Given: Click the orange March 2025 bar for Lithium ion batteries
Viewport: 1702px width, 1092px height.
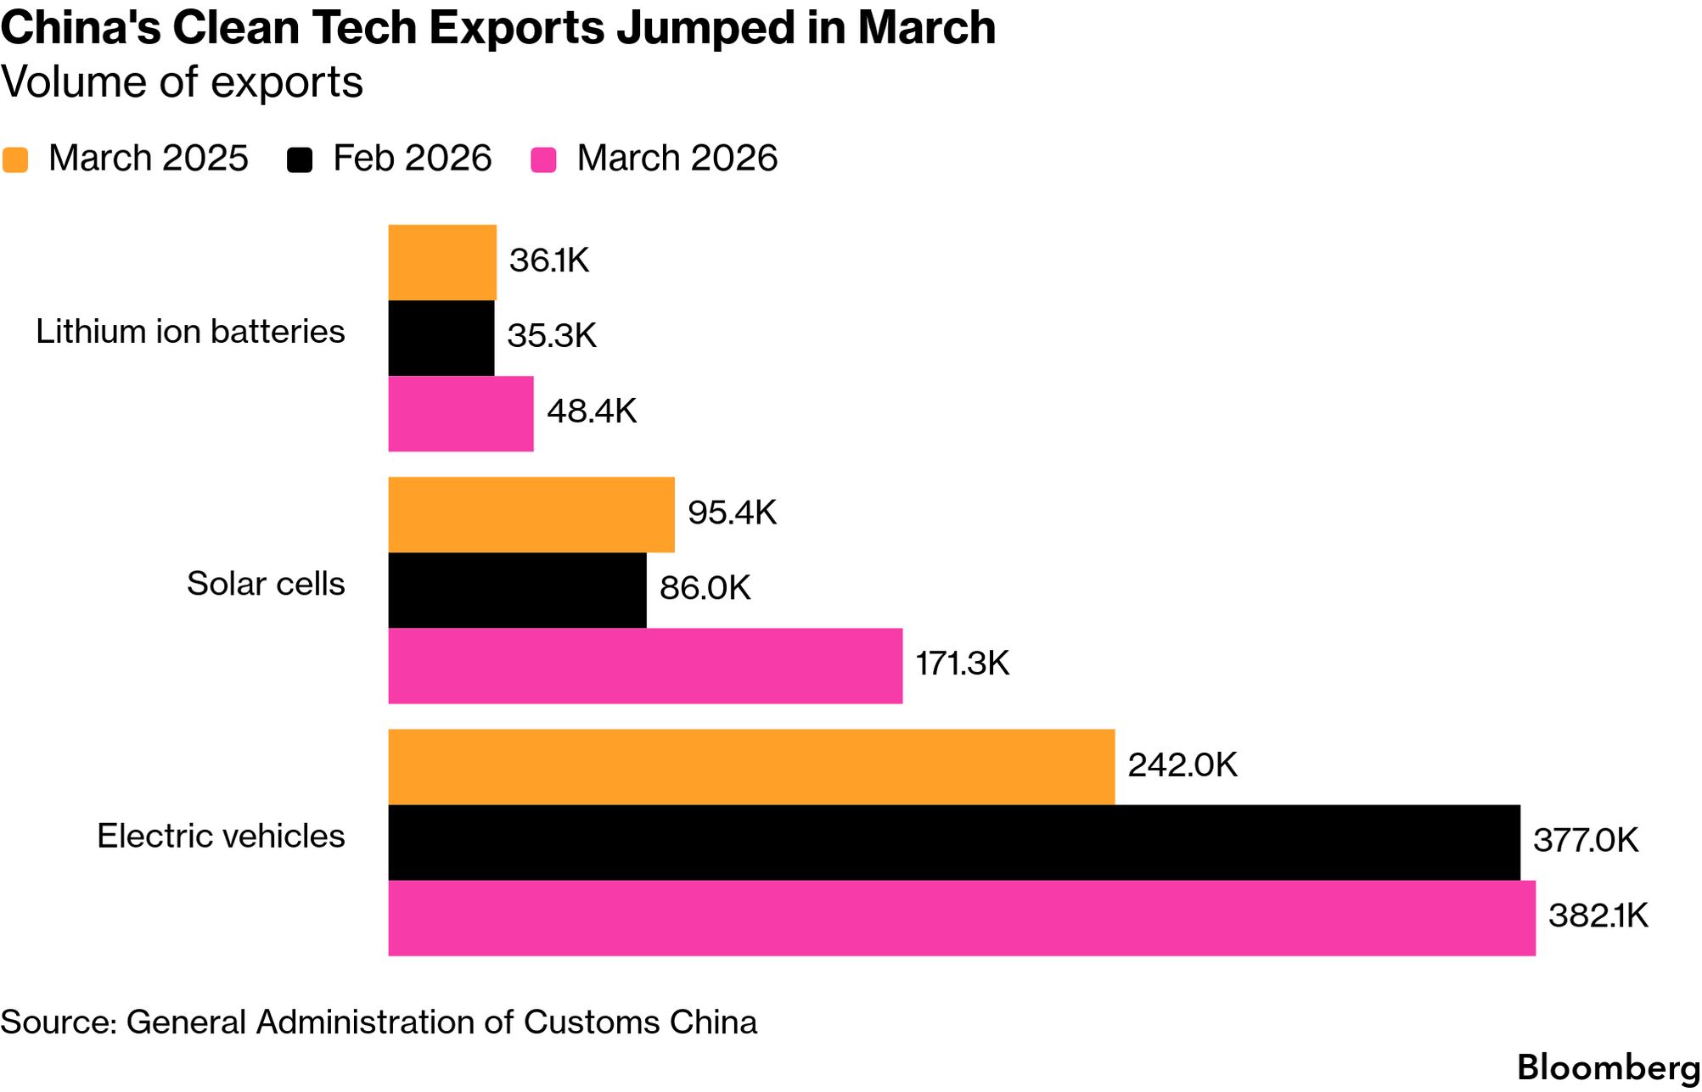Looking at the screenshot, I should [442, 262].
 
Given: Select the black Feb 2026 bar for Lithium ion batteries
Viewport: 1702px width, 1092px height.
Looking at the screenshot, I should [441, 338].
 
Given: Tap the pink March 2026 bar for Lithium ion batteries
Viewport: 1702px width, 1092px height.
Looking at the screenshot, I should [461, 413].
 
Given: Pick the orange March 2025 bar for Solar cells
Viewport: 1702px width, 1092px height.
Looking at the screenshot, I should [531, 514].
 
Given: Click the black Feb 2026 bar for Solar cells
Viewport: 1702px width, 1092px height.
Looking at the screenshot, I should [517, 590].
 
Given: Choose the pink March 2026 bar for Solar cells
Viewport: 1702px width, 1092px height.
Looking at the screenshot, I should [645, 665].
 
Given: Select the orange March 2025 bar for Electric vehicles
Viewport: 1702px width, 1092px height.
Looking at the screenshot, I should [751, 766].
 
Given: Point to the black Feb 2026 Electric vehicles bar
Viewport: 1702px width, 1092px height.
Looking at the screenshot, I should [954, 842].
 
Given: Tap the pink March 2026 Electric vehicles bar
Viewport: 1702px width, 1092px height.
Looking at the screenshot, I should [962, 918].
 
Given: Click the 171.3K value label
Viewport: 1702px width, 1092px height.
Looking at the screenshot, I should [963, 664].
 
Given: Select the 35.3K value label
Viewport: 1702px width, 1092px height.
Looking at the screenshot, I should [552, 336].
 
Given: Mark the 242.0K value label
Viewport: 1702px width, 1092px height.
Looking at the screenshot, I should [1182, 765].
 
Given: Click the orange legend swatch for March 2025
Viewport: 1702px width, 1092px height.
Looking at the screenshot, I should [15, 160].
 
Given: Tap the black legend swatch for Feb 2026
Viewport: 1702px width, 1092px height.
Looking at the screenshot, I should [300, 160].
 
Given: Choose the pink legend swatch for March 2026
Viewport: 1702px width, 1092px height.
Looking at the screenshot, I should [543, 160].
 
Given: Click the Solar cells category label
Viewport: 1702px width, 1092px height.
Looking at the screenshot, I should [266, 584].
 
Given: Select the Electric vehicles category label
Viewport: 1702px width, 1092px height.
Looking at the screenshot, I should [221, 837].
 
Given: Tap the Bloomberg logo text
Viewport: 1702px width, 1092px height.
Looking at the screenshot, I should [1608, 1067].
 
